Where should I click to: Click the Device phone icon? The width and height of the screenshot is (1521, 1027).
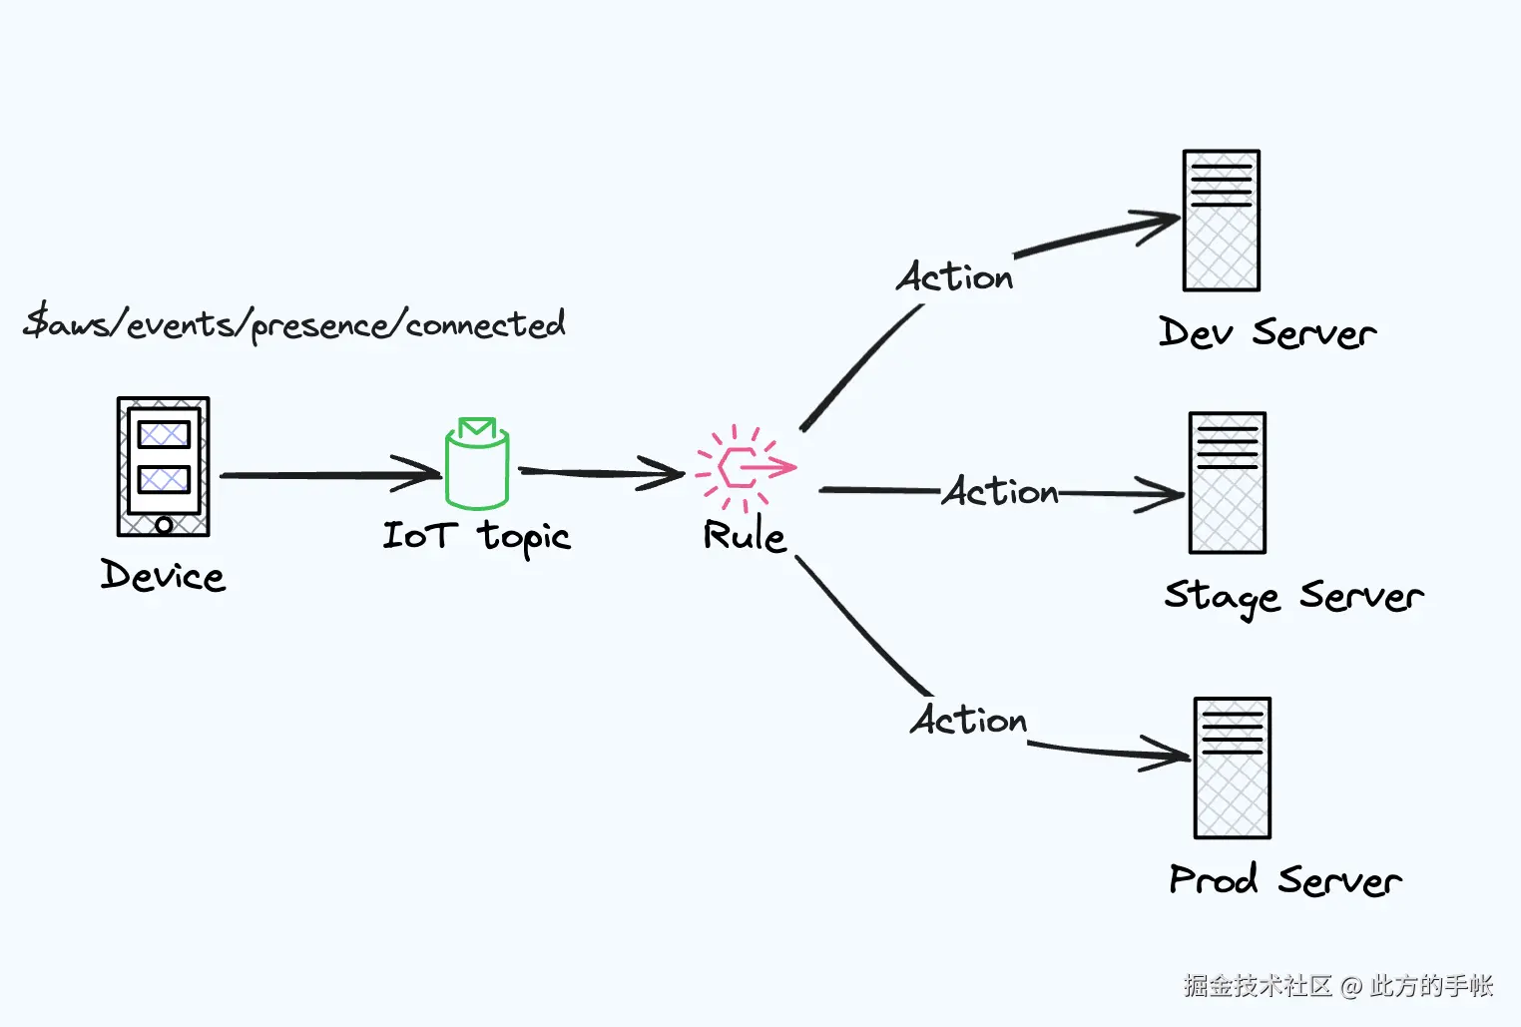(163, 467)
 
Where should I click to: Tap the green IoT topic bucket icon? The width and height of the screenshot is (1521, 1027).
(477, 463)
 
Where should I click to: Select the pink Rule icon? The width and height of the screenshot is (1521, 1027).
(746, 467)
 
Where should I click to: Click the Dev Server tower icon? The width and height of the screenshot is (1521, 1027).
(1222, 221)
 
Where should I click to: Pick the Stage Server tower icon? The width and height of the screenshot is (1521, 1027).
(1228, 482)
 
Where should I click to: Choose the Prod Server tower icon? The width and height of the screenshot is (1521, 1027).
(1233, 768)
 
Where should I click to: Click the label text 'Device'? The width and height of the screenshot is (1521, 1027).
(163, 576)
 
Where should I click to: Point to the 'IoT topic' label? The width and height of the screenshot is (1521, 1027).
(477, 538)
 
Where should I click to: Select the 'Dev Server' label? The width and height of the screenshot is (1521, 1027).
(1267, 332)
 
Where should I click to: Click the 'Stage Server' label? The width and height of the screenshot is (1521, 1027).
(1294, 598)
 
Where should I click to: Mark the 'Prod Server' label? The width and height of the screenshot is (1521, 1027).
(1285, 880)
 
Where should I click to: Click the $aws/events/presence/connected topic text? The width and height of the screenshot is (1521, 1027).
(294, 324)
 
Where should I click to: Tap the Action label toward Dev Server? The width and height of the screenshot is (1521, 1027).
(954, 276)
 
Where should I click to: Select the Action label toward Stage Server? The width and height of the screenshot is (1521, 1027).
(1001, 491)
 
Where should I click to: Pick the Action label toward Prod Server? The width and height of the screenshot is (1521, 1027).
(968, 720)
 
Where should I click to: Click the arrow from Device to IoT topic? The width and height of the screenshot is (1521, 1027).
(330, 474)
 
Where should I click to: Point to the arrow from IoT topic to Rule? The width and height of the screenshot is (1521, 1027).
(602, 473)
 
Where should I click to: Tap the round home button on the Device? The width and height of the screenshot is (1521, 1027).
(164, 525)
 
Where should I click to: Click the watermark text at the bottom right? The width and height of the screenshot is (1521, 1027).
(1338, 985)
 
